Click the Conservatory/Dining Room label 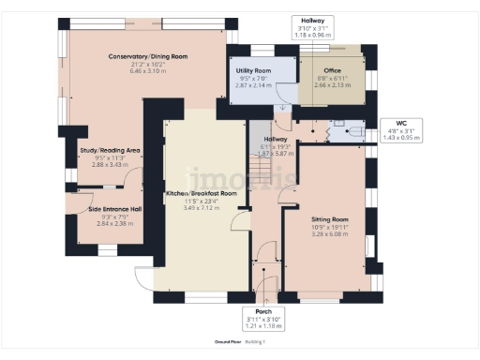(148, 56)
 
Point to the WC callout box (401, 129)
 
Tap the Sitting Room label (326, 218)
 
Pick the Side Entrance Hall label (114, 210)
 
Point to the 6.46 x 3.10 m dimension (148, 71)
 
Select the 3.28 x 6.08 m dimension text (326, 233)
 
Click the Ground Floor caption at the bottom (228, 342)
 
